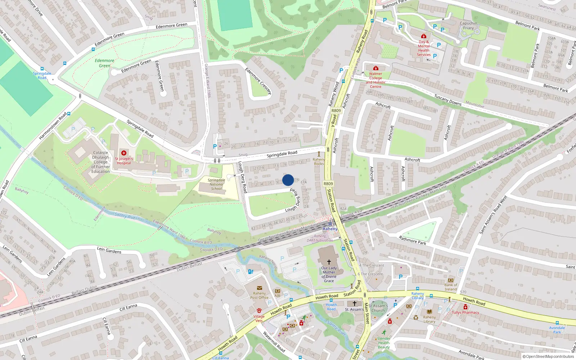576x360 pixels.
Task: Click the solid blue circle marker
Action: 288,180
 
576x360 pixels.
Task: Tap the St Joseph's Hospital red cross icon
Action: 124,153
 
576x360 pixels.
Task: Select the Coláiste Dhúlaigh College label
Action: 100,162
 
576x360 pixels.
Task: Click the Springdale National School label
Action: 216,184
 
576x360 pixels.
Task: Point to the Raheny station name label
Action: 330,229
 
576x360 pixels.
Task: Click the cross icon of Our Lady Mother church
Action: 329,262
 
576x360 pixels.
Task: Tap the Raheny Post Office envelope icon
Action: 259,288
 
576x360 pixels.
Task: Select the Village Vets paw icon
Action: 259,310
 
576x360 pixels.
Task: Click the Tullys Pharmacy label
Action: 465,312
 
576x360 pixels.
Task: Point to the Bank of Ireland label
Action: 451,287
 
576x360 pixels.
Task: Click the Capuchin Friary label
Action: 468,26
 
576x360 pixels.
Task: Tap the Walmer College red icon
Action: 376,68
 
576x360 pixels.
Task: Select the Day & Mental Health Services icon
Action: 424,36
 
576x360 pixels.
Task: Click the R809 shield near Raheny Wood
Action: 336,111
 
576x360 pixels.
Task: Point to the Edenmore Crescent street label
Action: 258,81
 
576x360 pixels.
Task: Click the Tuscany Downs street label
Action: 447,100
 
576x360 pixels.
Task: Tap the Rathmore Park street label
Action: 413,240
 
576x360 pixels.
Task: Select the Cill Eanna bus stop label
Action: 220,358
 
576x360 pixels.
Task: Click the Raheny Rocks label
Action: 319,161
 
